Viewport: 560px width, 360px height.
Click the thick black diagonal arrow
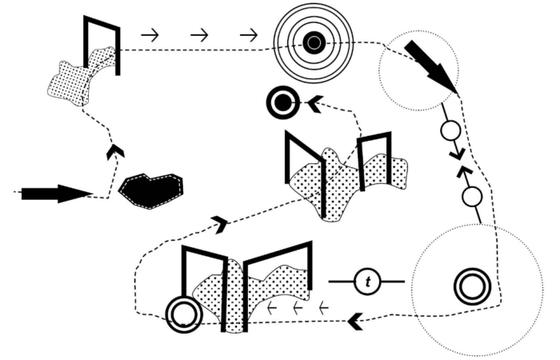pos(430,66)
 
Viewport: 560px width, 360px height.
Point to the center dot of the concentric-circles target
pos(314,42)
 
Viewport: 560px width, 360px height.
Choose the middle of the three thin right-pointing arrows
pos(199,35)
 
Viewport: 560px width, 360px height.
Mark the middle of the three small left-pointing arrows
pos(298,306)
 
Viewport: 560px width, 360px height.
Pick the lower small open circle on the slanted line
pos(472,196)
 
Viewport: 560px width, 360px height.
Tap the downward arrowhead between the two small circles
pos(458,152)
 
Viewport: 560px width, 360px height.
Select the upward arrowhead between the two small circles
pos(464,171)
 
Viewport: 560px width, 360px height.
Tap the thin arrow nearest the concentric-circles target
pos(249,35)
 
